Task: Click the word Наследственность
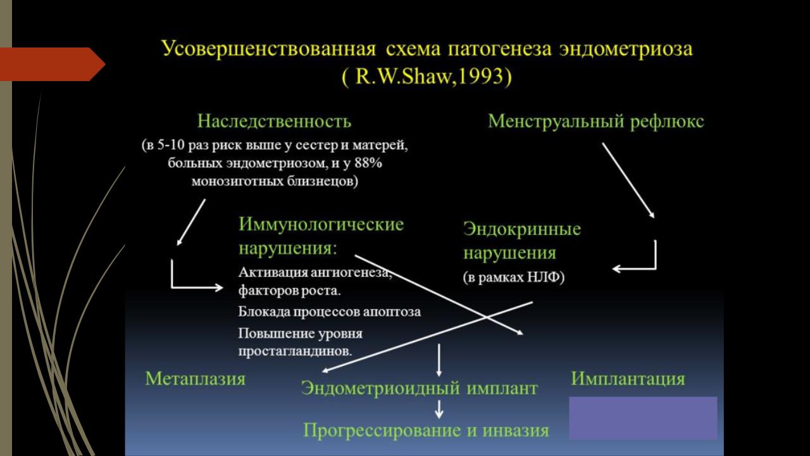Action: (274, 121)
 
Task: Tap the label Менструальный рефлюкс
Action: (596, 122)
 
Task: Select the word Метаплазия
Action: (196, 379)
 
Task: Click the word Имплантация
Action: (628, 379)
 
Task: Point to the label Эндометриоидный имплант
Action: (419, 389)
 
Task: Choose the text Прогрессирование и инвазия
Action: (426, 431)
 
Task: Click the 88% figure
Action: (368, 163)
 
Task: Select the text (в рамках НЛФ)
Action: (513, 277)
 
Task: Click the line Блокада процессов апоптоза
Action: (330, 312)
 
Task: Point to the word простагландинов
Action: (295, 351)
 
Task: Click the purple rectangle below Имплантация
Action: (644, 418)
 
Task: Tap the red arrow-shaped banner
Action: (53, 64)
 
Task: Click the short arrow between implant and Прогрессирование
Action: (439, 409)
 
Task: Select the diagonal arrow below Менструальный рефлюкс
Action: (628, 180)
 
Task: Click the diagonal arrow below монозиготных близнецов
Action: (191, 222)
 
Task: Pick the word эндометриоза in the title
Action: (626, 49)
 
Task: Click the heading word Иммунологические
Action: (321, 224)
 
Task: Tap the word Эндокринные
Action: (522, 229)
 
